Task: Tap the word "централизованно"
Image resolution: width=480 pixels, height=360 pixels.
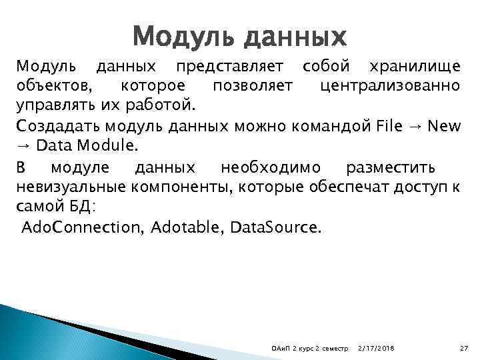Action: [x=389, y=86]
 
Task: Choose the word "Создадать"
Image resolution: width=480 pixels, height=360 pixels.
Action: [x=53, y=125]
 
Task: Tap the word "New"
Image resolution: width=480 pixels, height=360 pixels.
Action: [x=443, y=125]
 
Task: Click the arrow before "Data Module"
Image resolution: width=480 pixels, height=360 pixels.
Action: [x=23, y=145]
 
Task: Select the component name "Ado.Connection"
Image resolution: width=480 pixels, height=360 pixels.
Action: [x=81, y=227]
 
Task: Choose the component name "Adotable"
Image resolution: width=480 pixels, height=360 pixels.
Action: [x=186, y=227]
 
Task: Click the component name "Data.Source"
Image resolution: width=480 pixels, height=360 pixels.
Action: [x=275, y=227]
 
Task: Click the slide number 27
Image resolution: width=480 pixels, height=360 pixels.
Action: [x=465, y=349]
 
